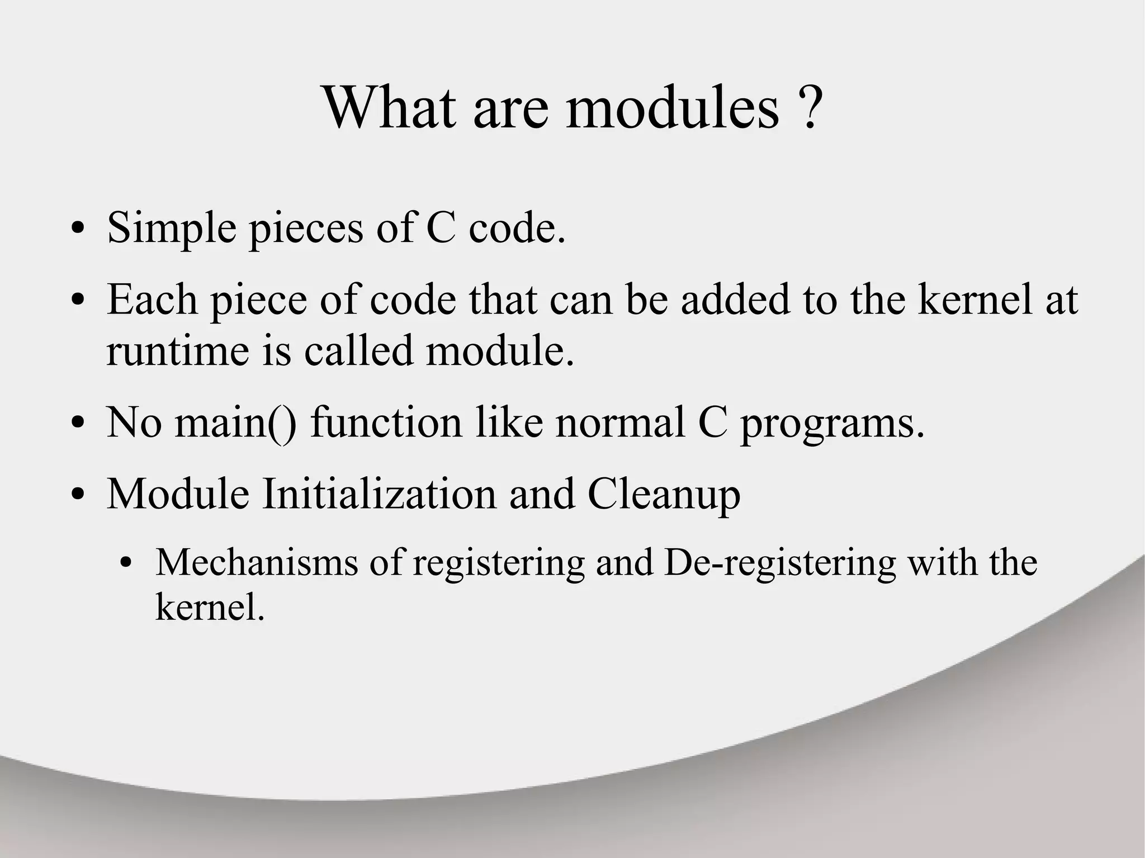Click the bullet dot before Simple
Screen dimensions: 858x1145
click(x=78, y=230)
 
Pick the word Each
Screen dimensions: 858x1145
click(x=152, y=300)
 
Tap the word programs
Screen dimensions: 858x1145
click(x=832, y=423)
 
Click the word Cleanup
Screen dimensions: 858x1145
click(x=664, y=495)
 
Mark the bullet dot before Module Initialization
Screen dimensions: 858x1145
click(x=78, y=495)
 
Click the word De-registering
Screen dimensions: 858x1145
click(x=780, y=563)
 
